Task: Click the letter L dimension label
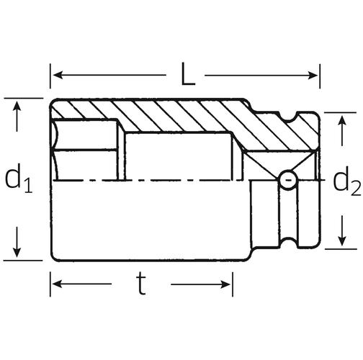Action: coord(188,74)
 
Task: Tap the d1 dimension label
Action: coord(19,179)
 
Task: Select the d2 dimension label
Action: coord(347,181)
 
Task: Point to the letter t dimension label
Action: coord(141,284)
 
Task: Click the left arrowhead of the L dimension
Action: coord(58,75)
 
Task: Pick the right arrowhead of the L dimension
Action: coord(313,76)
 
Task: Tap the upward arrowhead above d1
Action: coord(17,106)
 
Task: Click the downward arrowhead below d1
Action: coord(17,253)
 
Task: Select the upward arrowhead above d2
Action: coord(341,120)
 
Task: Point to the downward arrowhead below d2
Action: coord(342,241)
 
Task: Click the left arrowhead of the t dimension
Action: coord(58,284)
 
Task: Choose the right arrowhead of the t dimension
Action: coord(225,284)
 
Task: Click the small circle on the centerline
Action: coord(288,180)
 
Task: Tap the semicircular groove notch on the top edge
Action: coord(289,117)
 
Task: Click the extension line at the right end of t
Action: coord(233,284)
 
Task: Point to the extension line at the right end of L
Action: coord(320,76)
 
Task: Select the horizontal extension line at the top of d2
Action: coord(340,112)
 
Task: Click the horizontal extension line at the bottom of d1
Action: coord(23,260)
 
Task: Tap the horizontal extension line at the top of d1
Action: coord(24,98)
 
